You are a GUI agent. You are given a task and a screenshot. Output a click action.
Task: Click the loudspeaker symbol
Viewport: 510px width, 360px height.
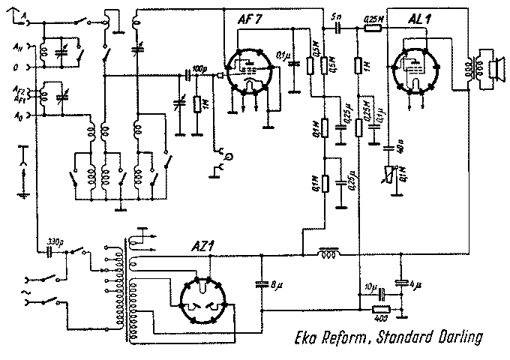point(493,70)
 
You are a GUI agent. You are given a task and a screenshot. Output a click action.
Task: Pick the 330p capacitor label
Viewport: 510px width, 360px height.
point(54,241)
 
